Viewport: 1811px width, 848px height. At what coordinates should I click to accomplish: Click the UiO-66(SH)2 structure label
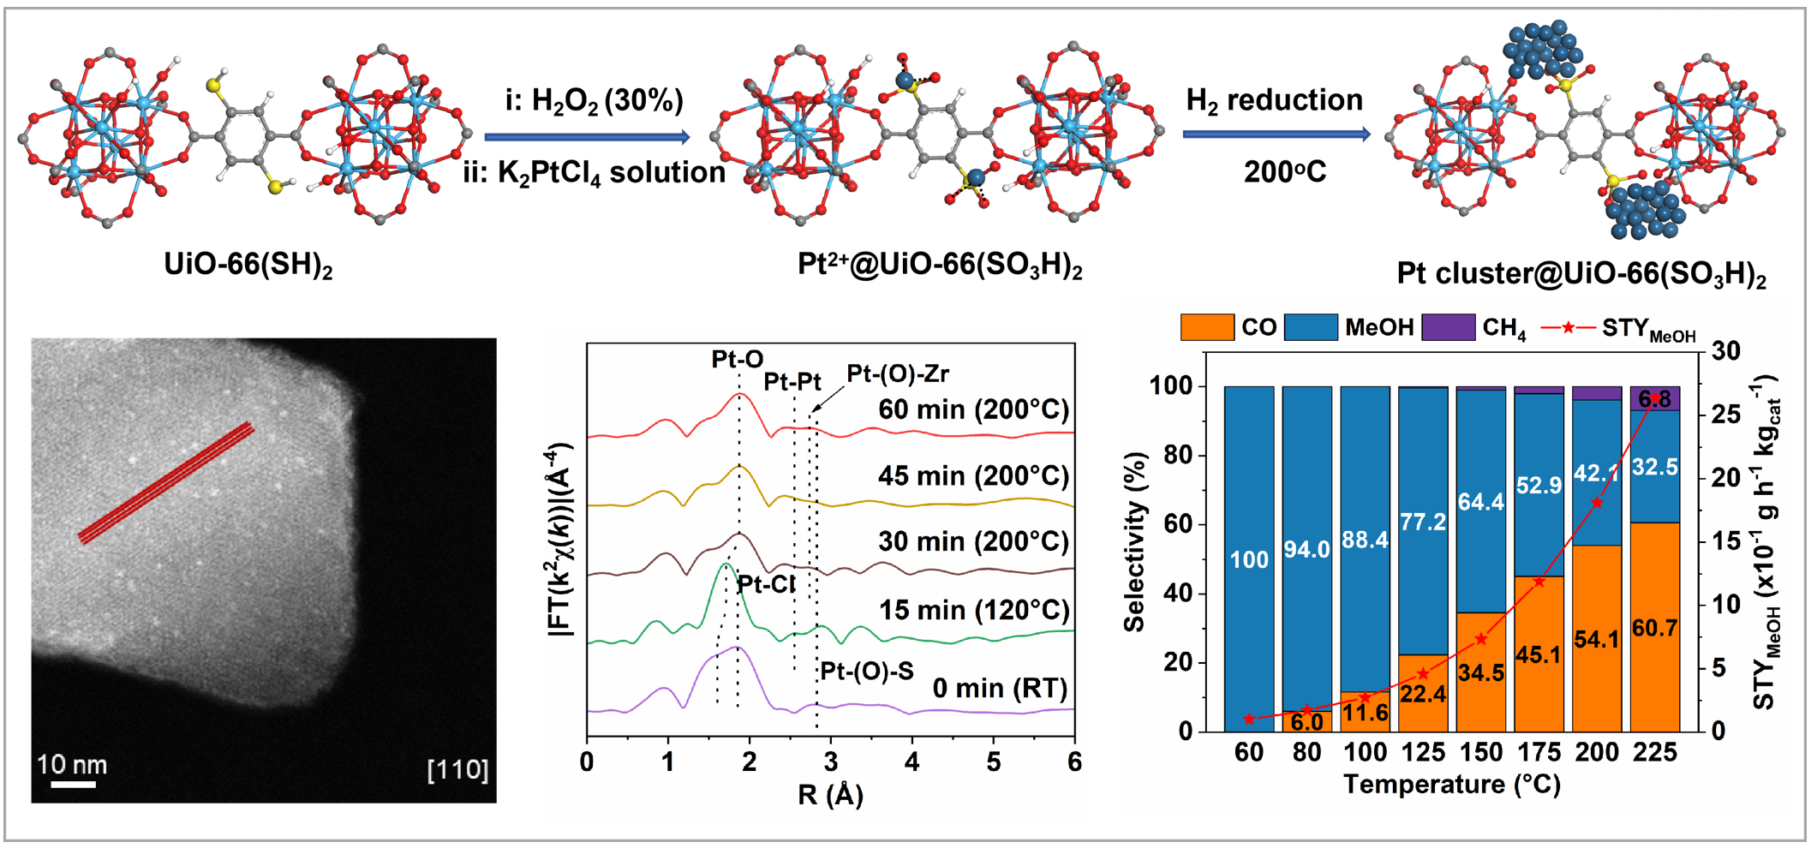coord(248,265)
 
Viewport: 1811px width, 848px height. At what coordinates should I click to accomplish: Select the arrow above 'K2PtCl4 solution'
coord(587,137)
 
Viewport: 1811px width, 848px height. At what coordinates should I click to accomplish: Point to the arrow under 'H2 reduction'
coord(1276,134)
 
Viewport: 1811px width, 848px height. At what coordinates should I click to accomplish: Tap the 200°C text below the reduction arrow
coord(1284,172)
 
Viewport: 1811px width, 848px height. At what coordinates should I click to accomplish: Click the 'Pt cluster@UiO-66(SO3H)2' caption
coord(1581,274)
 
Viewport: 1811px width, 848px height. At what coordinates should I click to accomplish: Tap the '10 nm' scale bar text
coord(72,764)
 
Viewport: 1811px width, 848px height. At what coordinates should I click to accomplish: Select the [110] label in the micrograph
coord(457,769)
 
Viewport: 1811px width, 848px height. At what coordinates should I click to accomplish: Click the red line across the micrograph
coord(166,483)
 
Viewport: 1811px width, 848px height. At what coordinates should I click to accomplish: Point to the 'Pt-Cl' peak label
coord(766,585)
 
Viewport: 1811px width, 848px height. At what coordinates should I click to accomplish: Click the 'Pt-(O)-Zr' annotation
coord(898,374)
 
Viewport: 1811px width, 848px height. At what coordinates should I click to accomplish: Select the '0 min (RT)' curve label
coord(1000,689)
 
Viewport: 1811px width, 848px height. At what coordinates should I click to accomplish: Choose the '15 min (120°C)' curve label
coord(974,611)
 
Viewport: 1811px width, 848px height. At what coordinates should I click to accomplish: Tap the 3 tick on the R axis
coord(830,761)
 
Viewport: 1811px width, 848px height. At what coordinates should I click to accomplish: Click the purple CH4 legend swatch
coord(1448,327)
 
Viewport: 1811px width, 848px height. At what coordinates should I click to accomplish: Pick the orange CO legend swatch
coord(1206,327)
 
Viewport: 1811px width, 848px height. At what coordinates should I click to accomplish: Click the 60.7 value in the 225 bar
coord(1654,629)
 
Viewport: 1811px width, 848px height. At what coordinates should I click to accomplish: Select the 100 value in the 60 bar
coord(1249,560)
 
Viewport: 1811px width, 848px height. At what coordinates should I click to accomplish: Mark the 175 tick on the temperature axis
coord(1539,753)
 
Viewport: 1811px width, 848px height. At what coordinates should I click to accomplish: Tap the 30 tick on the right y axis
coord(1725,351)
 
